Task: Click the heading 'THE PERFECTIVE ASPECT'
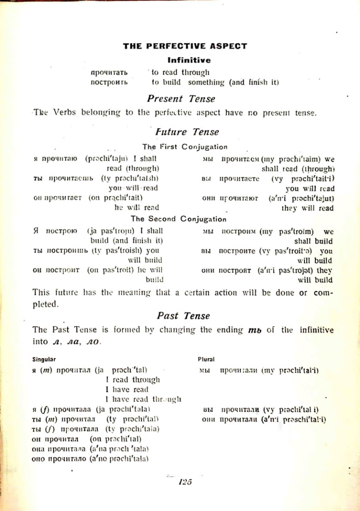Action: coord(185,46)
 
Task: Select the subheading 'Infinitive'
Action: coord(189,60)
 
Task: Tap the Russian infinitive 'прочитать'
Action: coord(109,72)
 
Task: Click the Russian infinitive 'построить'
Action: coord(109,83)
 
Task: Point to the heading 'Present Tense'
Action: coord(181,99)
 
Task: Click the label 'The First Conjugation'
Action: coord(185,147)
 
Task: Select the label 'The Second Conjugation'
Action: coord(179,219)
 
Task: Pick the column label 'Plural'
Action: coord(206,359)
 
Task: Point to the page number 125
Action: coord(185,482)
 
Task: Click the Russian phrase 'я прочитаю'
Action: coord(55,159)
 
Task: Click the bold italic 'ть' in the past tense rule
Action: coord(255,330)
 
